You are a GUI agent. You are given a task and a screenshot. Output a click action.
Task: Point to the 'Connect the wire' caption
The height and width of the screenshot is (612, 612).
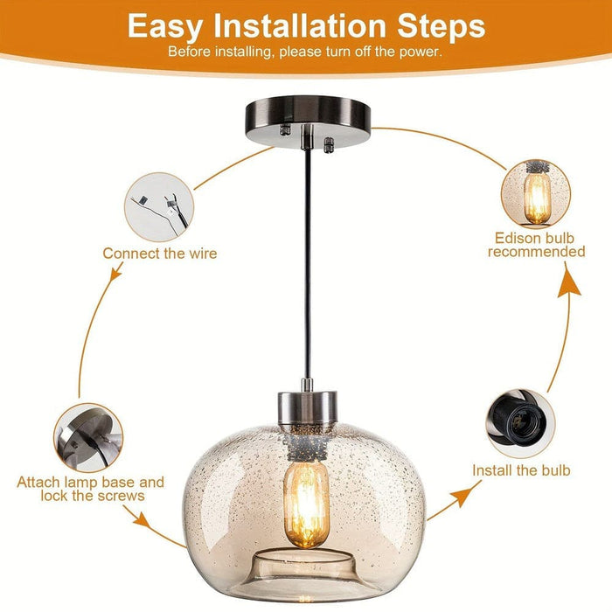(160, 254)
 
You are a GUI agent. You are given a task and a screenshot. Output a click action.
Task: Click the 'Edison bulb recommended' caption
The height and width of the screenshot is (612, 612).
(536, 246)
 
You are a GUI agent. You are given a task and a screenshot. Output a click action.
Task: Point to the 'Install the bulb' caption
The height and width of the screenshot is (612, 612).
(521, 470)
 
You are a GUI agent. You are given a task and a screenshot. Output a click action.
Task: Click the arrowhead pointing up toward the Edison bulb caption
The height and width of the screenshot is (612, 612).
(569, 285)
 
